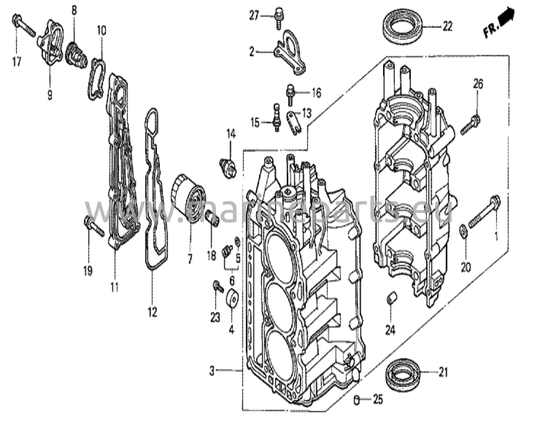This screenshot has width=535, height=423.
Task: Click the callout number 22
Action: click(447, 26)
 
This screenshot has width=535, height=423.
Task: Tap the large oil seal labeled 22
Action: click(403, 26)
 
